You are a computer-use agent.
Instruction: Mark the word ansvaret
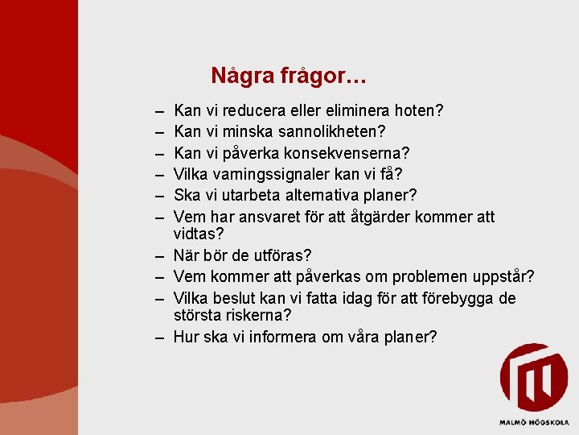coord(278,217)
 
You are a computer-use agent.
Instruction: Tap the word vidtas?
coord(198,234)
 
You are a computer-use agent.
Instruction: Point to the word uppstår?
coord(502,277)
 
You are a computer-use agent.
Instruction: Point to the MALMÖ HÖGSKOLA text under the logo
coord(532,421)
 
